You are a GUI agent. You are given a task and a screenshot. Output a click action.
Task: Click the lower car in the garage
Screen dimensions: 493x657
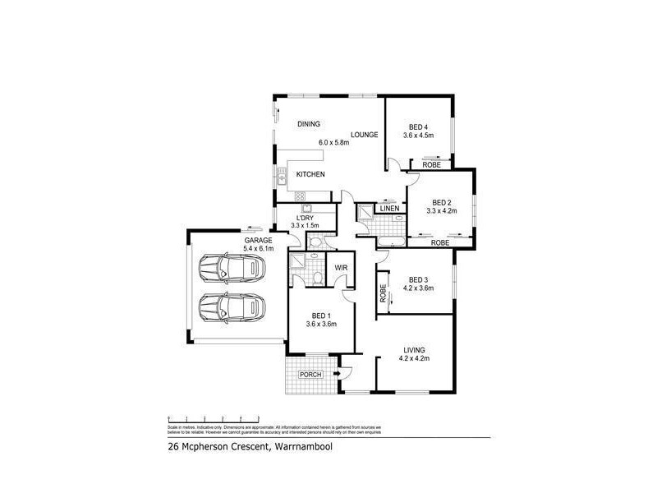tap(233, 309)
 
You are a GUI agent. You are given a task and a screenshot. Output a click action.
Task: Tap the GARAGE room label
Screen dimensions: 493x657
tap(257, 239)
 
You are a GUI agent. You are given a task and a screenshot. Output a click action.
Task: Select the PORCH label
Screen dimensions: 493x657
tap(310, 375)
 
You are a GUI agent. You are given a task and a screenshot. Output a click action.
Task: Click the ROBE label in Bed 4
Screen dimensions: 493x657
tap(431, 165)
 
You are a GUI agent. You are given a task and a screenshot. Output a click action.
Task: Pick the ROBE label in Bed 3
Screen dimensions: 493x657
tap(384, 292)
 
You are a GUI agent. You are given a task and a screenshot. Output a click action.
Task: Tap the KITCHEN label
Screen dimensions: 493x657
tap(310, 174)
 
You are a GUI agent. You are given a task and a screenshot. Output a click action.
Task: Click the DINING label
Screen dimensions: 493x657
tap(308, 124)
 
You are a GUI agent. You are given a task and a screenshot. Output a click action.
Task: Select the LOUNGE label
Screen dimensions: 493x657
tap(364, 134)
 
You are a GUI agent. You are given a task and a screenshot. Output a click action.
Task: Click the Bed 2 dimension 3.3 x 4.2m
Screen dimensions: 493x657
tap(442, 211)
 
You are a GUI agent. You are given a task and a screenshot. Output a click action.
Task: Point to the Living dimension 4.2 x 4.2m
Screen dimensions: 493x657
tap(414, 358)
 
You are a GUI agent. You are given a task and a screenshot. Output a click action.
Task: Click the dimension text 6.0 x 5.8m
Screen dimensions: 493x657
tap(334, 142)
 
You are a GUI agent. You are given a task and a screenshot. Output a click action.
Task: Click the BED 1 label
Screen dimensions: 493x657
tap(321, 315)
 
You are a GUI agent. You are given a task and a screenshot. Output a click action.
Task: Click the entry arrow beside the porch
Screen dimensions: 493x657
tap(337, 375)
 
